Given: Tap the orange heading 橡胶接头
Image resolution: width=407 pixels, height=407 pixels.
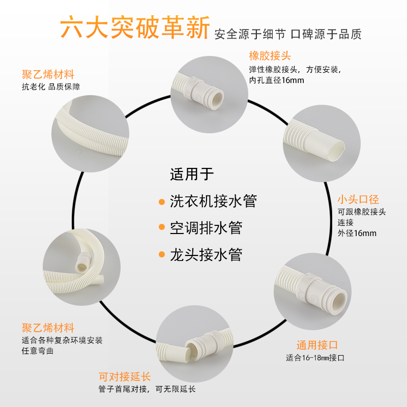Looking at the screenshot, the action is (x=270, y=55).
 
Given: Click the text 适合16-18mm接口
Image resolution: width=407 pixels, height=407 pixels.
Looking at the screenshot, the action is (x=315, y=358).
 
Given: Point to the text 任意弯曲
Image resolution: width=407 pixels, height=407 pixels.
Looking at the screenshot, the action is (x=38, y=351).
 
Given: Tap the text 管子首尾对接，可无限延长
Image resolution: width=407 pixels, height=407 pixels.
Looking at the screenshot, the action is (x=147, y=389).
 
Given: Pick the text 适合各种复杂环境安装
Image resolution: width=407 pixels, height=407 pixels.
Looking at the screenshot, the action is (x=63, y=340).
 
